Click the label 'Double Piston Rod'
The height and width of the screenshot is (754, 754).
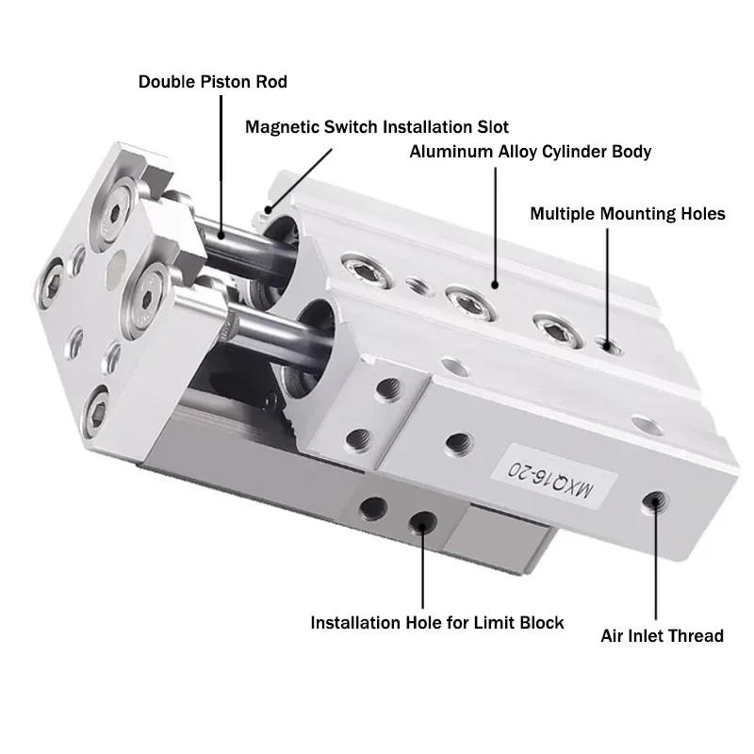(x=213, y=82)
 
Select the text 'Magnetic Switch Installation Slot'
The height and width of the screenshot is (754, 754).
(x=377, y=126)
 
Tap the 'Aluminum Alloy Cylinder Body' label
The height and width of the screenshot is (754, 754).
(x=530, y=151)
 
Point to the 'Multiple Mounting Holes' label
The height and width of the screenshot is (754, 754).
(x=628, y=214)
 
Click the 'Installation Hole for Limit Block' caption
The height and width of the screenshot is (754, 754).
(x=437, y=622)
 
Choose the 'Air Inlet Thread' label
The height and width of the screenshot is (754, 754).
(x=662, y=635)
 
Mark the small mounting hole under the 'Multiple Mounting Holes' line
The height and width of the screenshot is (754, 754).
(x=609, y=345)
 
